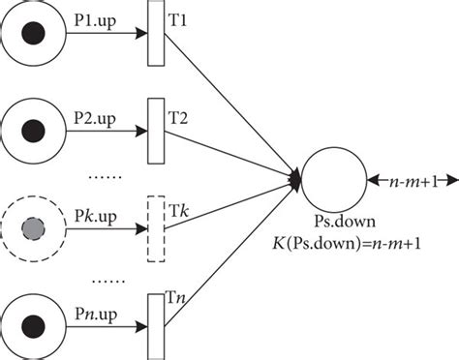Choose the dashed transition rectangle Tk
tap(156, 228)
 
